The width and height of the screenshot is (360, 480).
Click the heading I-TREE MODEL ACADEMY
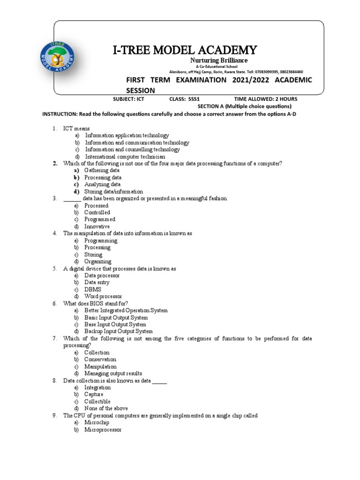[x=185, y=50]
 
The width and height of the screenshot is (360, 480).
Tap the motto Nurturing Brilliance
[x=218, y=61]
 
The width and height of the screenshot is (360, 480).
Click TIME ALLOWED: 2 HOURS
[x=265, y=99]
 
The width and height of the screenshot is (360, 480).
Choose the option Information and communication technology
[x=137, y=142]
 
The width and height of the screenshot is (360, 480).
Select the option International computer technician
[x=125, y=157]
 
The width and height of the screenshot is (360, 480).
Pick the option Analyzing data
[x=102, y=185]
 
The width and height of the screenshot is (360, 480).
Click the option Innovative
[x=97, y=226]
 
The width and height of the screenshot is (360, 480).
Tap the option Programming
[x=101, y=240]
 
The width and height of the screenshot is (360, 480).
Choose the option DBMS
[x=93, y=289]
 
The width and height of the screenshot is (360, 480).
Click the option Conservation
[x=100, y=360]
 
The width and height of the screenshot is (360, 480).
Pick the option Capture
[x=94, y=394]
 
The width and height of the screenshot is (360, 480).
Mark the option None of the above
[x=106, y=408]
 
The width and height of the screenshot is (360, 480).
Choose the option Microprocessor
[x=103, y=429]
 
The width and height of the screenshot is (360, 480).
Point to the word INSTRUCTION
[x=60, y=114]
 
